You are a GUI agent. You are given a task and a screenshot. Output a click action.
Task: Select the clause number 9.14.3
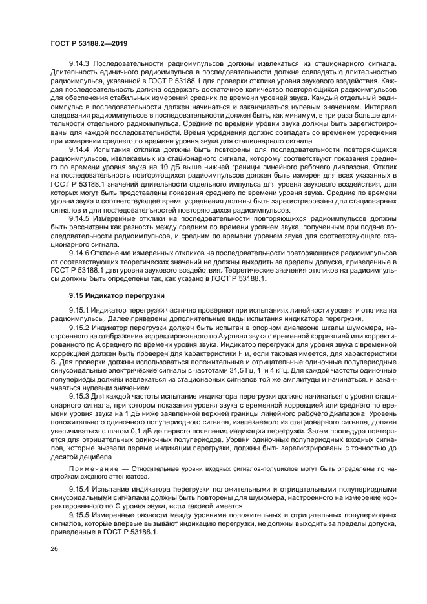pyautogui.click(x=79, y=63)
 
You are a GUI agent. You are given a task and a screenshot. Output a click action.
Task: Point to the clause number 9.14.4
pyautogui.click(x=79, y=149)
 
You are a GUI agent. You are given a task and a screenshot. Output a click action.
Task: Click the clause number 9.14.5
pyautogui.click(x=79, y=219)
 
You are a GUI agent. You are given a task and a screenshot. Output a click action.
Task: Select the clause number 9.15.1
pyautogui.click(x=79, y=310)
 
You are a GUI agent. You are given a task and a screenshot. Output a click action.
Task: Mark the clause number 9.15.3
pyautogui.click(x=79, y=395)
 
